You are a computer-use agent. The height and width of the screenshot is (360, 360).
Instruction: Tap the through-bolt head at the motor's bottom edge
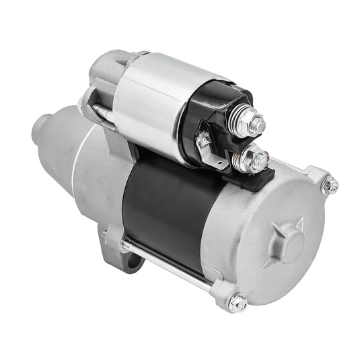[x=238, y=303]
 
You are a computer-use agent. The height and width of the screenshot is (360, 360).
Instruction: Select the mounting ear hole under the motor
[x=132, y=259]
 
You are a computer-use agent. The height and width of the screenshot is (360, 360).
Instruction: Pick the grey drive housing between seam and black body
[x=101, y=182]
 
